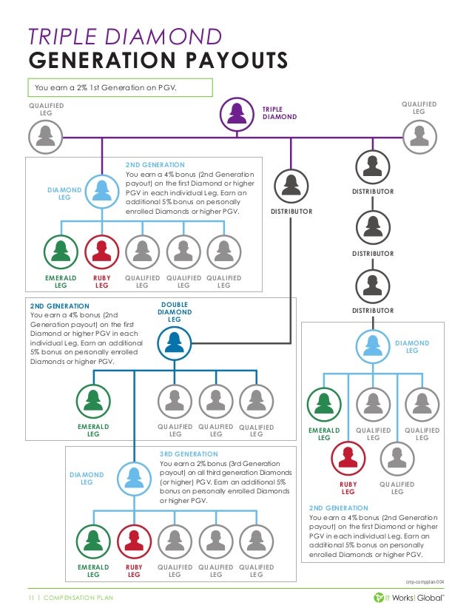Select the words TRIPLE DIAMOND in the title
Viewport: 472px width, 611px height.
pyautogui.click(x=124, y=36)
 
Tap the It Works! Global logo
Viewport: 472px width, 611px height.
pyautogui.click(x=408, y=598)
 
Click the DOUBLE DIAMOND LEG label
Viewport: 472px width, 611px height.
pyautogui.click(x=174, y=311)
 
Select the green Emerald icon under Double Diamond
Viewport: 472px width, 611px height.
pyautogui.click(x=93, y=401)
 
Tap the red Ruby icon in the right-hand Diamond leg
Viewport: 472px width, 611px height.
pyautogui.click(x=348, y=459)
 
